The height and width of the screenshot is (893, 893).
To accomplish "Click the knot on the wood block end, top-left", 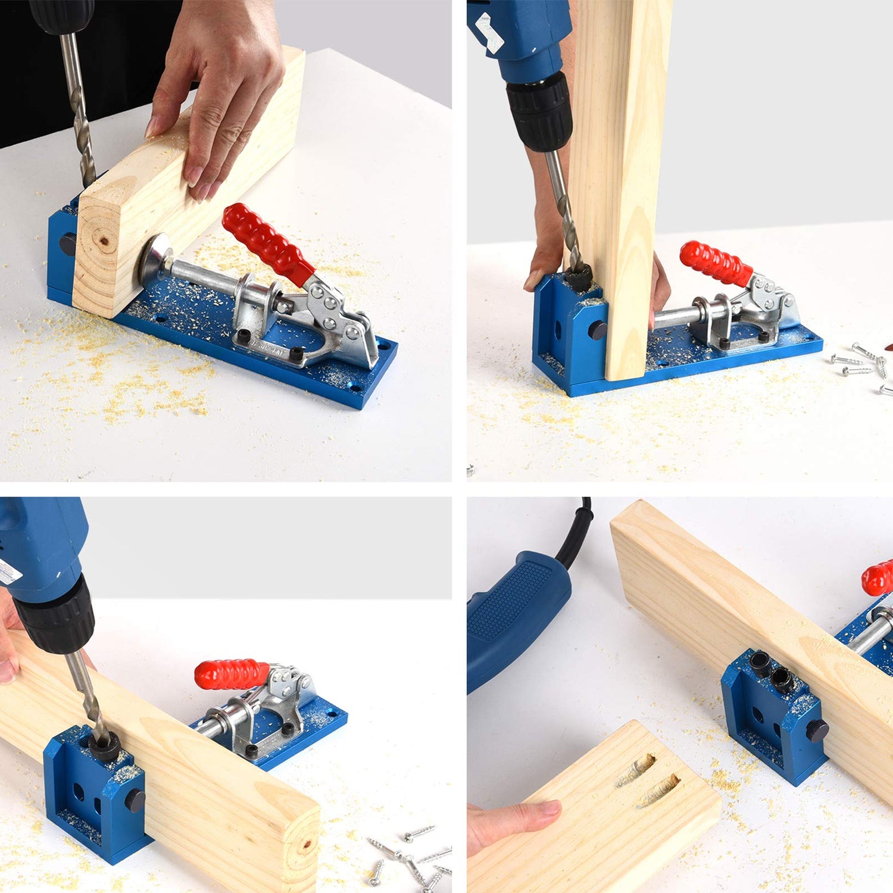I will click(105, 241).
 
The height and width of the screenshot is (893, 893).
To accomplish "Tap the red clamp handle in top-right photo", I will click(715, 263).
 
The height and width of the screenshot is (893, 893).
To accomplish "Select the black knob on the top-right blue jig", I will click(597, 330).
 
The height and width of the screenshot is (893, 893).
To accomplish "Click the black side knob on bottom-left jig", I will click(135, 801).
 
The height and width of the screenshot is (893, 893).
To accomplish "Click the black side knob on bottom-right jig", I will click(817, 730).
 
